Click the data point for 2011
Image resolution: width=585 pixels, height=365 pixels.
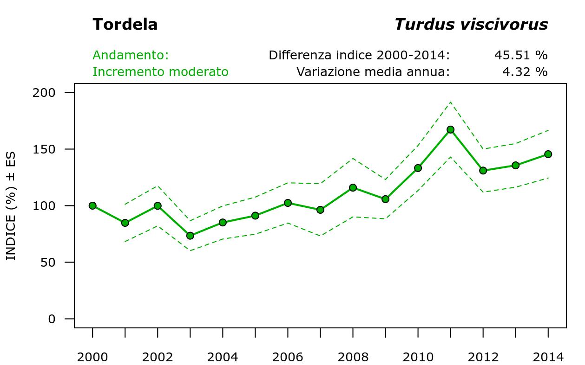[x=450, y=129]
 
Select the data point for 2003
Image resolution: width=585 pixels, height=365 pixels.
[x=190, y=236]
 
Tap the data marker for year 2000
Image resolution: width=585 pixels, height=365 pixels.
[x=92, y=205]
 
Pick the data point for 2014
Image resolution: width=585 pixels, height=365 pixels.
[x=548, y=154]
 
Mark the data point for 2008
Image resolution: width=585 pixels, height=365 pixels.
[x=353, y=188]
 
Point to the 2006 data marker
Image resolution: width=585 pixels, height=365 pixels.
[x=288, y=203]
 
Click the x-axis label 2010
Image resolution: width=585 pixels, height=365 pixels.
[x=418, y=357]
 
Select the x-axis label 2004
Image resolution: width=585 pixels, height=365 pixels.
[x=223, y=357]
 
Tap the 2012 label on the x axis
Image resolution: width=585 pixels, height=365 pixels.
[x=483, y=357]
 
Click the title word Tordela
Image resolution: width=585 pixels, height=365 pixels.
[x=125, y=24]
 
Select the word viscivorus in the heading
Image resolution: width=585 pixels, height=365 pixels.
[x=504, y=24]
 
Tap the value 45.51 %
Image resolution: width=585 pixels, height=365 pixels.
[x=520, y=55]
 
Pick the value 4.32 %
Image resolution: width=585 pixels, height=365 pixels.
[x=525, y=72]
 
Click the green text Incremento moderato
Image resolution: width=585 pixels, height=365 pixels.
[x=160, y=72]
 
